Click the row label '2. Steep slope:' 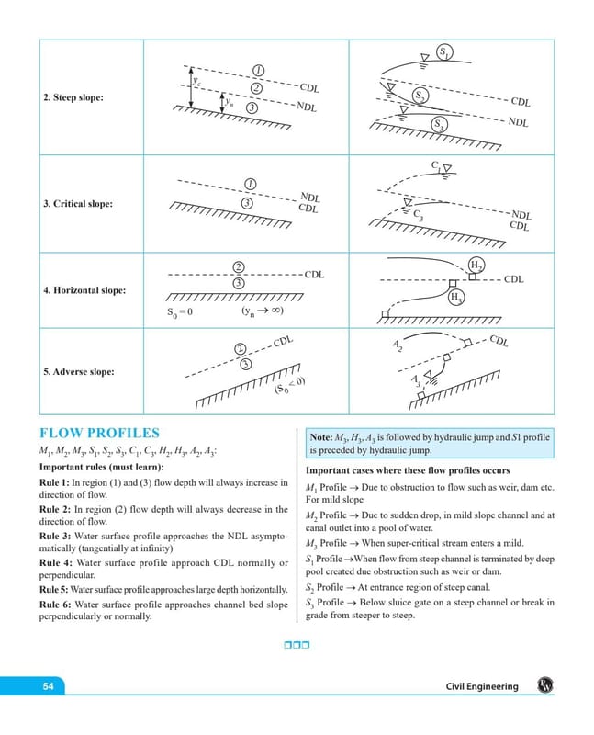tap(73, 97)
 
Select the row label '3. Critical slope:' tap(78, 204)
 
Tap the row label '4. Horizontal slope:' tap(84, 290)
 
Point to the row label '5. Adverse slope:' tap(79, 372)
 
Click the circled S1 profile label tap(443, 51)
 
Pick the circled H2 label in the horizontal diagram tap(476, 265)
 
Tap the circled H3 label tap(455, 297)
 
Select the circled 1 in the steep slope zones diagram tap(259, 71)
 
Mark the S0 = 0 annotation tap(179, 312)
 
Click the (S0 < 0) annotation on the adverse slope tap(289, 385)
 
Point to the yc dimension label tap(196, 81)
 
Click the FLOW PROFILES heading tap(99, 433)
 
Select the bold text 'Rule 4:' tap(55, 563)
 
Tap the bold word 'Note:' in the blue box tap(321, 437)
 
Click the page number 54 tap(49, 686)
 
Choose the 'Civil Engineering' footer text tap(482, 686)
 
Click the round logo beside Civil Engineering tap(545, 685)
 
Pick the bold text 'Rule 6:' tap(55, 605)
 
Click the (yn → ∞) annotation tap(263, 311)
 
